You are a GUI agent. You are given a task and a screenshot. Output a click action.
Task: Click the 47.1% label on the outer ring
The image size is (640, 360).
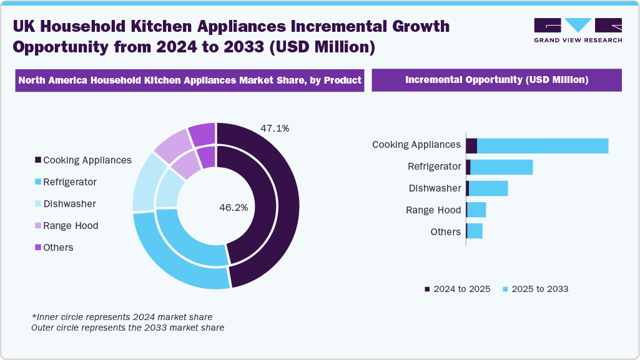tap(275, 129)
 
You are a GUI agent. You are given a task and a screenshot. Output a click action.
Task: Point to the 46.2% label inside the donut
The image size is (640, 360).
tap(234, 208)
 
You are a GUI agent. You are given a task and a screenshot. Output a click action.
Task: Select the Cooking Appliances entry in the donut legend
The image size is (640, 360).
tap(84, 160)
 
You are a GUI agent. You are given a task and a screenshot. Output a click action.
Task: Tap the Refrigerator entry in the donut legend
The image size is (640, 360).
tap(66, 182)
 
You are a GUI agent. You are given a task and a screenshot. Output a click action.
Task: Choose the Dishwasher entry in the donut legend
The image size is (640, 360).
tap(66, 204)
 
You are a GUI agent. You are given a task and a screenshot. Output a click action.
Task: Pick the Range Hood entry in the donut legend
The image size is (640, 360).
tap(67, 226)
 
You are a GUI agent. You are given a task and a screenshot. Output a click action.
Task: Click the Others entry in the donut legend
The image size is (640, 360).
tap(54, 248)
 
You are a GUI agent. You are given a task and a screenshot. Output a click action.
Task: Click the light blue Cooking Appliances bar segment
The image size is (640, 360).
tap(543, 145)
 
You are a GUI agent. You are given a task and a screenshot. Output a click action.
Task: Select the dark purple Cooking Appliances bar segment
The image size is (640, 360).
tap(471, 145)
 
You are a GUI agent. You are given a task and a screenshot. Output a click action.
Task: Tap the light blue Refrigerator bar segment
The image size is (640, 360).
tap(501, 167)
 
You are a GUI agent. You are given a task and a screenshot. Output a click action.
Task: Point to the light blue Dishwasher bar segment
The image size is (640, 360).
tap(488, 188)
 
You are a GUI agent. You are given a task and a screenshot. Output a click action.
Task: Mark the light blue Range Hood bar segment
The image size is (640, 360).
tap(476, 210)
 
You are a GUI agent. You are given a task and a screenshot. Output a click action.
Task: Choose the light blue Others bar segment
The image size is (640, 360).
tap(475, 231)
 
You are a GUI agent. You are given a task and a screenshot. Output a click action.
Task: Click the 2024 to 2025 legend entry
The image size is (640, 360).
tap(457, 289)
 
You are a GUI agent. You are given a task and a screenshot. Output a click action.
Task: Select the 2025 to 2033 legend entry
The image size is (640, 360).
tap(535, 289)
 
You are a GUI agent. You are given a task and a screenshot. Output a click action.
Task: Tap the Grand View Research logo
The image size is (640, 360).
tap(578, 30)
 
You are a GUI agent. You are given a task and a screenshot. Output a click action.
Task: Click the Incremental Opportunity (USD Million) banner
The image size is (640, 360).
tap(496, 80)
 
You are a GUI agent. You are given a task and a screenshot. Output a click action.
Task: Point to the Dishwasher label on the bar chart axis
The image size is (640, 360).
tap(435, 188)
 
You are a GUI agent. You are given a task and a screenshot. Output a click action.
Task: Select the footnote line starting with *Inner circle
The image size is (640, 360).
tap(122, 317)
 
